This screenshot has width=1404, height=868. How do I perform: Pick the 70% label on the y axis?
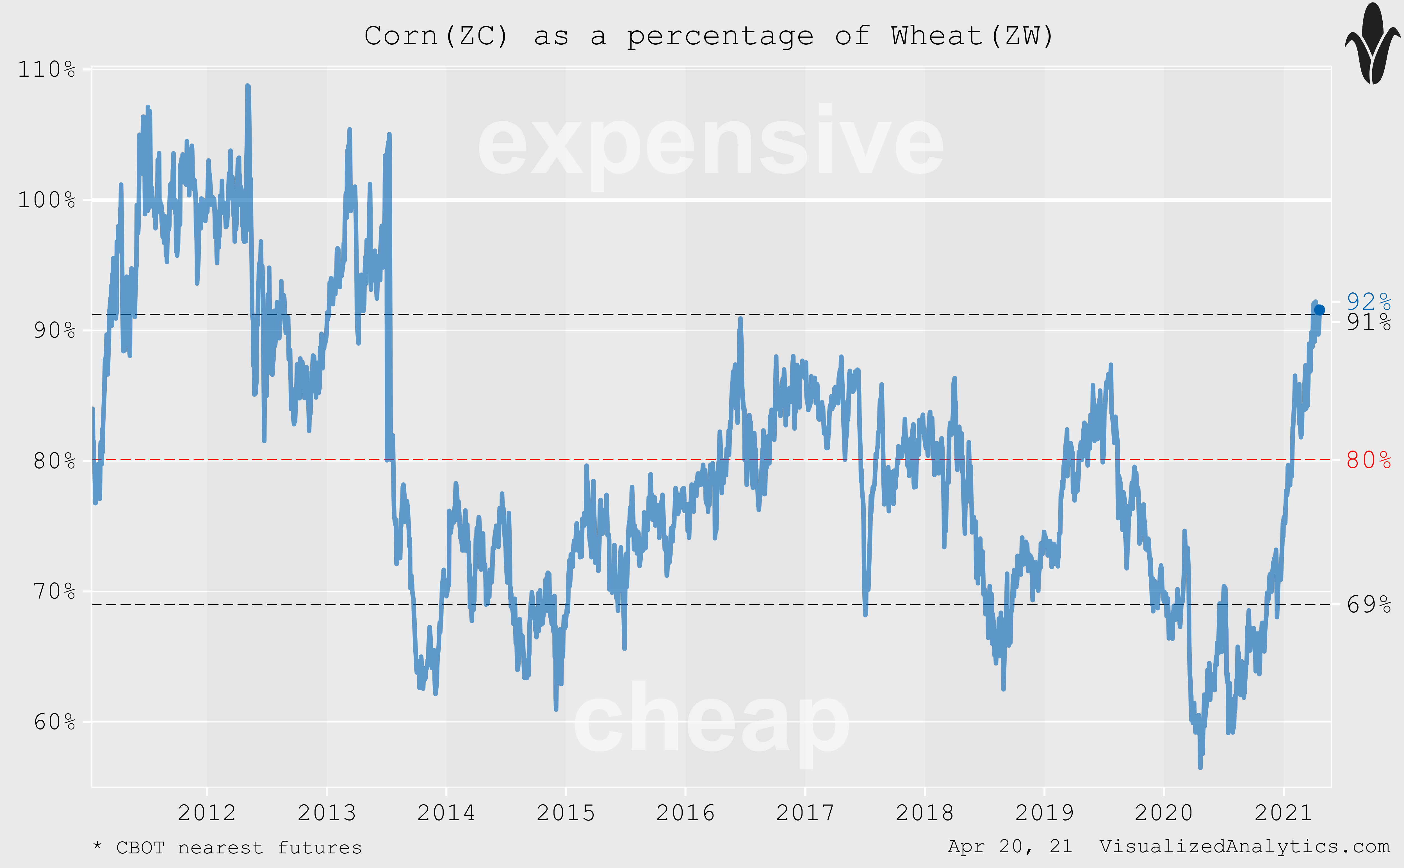[54, 591]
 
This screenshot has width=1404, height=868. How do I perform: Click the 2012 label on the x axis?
[207, 813]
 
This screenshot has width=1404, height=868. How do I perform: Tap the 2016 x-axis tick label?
[685, 813]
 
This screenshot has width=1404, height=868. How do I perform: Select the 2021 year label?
[1284, 813]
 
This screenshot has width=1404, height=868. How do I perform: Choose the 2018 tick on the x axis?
[924, 813]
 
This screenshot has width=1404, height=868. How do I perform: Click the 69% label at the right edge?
[1368, 605]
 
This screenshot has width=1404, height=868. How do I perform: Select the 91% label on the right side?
[1368, 323]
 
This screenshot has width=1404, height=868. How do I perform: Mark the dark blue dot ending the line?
[1319, 310]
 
